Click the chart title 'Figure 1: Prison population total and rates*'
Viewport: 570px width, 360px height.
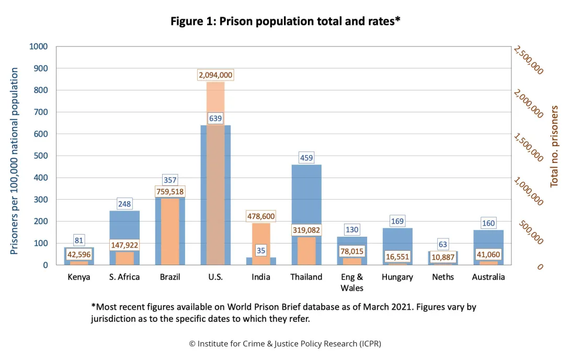285,21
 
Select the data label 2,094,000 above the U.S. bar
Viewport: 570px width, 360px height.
215,75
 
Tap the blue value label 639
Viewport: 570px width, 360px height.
215,118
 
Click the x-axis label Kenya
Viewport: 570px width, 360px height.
79,277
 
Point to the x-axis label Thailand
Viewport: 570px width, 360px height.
306,277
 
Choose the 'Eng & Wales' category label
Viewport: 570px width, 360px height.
352,282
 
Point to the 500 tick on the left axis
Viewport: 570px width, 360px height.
41,156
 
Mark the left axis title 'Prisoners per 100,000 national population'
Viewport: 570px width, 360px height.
14,161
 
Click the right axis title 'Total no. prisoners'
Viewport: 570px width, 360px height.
554,146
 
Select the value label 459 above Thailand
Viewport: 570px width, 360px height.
306,157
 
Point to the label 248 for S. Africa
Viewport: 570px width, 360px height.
124,203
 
